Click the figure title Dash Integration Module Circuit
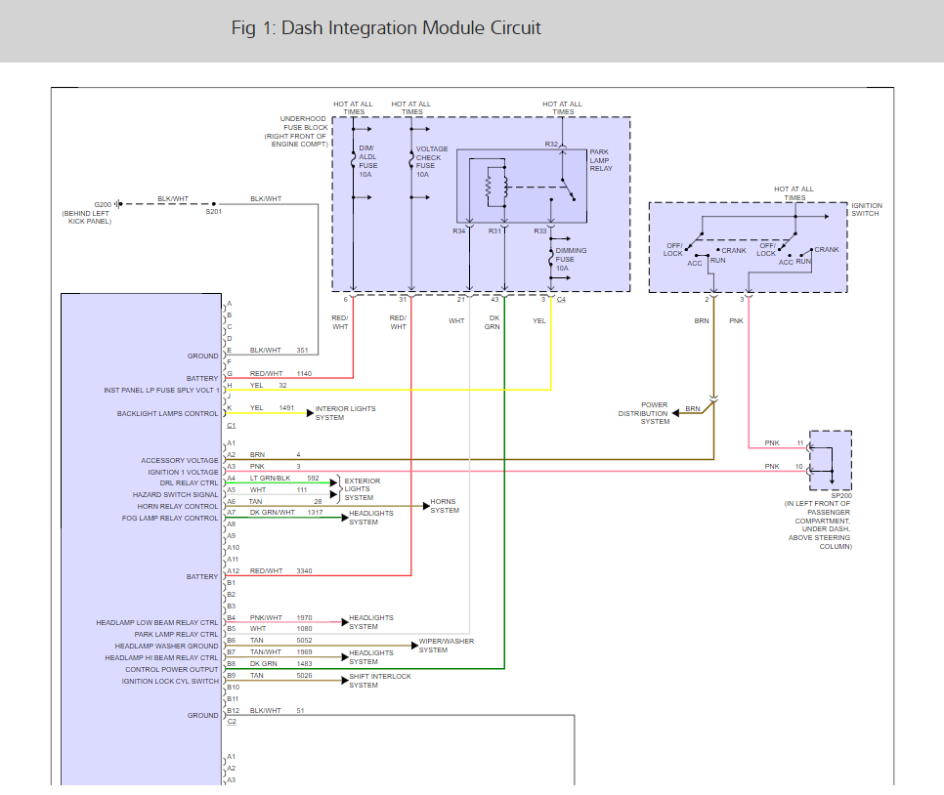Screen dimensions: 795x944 (x=386, y=27)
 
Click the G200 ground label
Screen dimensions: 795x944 (x=103, y=203)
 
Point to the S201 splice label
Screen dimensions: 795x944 (x=214, y=212)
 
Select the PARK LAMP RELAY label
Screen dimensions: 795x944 (x=601, y=160)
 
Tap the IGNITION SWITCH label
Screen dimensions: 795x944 (x=866, y=209)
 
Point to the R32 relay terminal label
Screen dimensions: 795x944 (x=551, y=144)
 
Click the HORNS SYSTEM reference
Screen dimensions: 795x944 (x=445, y=506)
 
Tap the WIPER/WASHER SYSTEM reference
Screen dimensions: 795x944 (x=447, y=646)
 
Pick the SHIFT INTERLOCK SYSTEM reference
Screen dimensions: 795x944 (x=380, y=681)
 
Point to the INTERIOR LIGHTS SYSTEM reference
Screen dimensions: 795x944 (x=345, y=413)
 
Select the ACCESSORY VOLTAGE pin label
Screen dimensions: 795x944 (x=180, y=460)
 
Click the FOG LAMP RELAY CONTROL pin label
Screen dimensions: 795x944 (x=172, y=518)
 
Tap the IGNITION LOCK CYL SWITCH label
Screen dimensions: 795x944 (x=171, y=681)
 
